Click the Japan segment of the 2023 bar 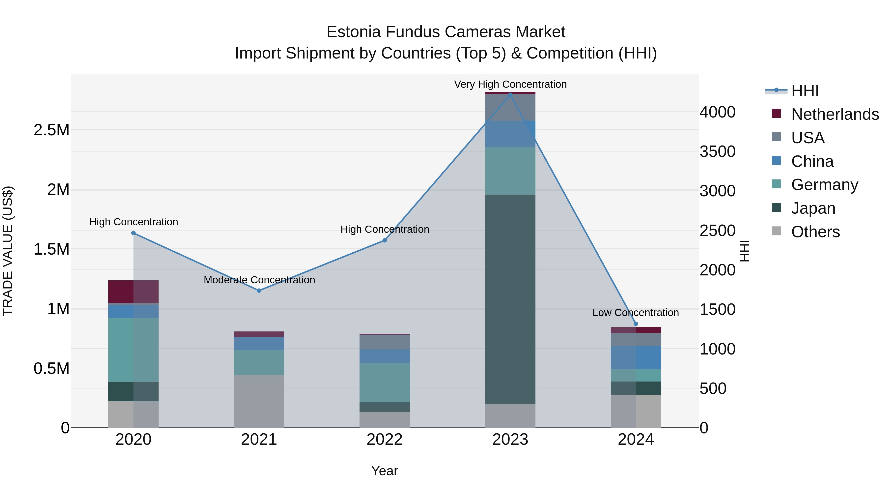[x=510, y=299]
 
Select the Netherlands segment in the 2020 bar [x=133, y=292]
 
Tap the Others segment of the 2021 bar [x=259, y=401]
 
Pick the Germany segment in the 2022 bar [x=384, y=383]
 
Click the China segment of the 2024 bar [x=636, y=357]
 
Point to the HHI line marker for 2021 [x=259, y=290]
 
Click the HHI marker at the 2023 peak [x=510, y=94]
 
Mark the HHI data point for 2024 [x=636, y=324]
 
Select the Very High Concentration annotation [x=510, y=84]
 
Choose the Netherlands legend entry [x=835, y=114]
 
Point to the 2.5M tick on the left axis [x=51, y=130]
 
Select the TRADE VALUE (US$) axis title [x=8, y=251]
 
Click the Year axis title [x=384, y=471]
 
